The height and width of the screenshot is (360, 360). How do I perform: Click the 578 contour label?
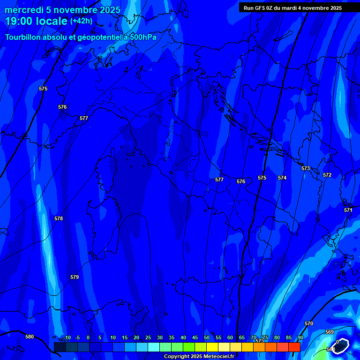point(58,218)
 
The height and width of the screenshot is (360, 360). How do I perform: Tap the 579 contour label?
point(75,277)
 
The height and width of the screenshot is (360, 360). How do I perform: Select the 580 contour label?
point(30,337)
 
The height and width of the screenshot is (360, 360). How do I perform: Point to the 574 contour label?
point(282,178)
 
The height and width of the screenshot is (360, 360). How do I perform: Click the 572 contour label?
point(327,175)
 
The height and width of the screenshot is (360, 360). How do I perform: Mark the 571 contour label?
point(348,210)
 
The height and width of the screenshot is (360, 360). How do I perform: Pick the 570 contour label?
point(308,323)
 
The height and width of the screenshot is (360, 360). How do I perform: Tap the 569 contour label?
point(330,332)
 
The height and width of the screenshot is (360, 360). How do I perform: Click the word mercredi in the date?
point(23,10)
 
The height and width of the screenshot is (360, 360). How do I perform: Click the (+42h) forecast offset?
point(81,21)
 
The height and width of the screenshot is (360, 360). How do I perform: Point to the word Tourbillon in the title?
point(23,37)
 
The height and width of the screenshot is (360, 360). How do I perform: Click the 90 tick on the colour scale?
point(300,337)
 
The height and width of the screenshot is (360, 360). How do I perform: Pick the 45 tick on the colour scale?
point(195,337)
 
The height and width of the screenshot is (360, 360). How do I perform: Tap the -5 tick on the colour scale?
point(77,337)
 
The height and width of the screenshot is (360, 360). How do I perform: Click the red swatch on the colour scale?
point(294,347)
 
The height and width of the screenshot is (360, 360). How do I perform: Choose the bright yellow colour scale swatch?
point(212,347)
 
